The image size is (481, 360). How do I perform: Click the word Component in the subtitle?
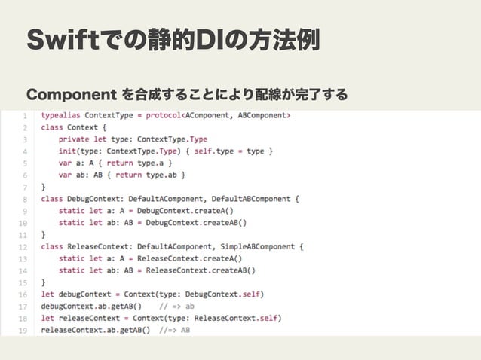click(x=67, y=95)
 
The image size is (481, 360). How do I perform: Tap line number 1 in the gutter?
click(x=25, y=116)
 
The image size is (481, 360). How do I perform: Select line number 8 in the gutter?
click(x=25, y=199)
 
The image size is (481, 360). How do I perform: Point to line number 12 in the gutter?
click(x=23, y=246)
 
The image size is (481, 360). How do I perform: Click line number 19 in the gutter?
click(x=23, y=329)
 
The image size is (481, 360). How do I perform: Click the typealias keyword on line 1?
click(x=61, y=116)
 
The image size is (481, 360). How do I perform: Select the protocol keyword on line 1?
click(x=188, y=116)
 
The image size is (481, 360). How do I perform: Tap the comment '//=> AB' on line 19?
click(x=175, y=329)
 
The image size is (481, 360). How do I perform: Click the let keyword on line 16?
click(x=47, y=294)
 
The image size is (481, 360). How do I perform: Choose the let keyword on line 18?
click(x=47, y=317)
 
